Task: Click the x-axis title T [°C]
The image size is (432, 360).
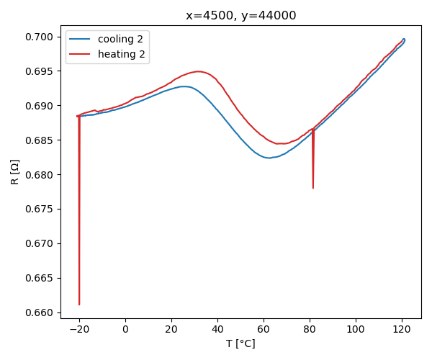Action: pos(240,343)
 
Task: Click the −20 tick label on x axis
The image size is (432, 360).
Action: pos(79,329)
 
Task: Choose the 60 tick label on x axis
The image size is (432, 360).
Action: pos(264,329)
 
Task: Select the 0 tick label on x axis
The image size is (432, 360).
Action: pos(125,329)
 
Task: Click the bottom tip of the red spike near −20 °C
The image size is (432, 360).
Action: pos(79,305)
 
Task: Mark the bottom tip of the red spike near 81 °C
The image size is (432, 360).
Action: pos(313,188)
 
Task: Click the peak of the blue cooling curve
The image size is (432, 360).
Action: pos(184,86)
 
